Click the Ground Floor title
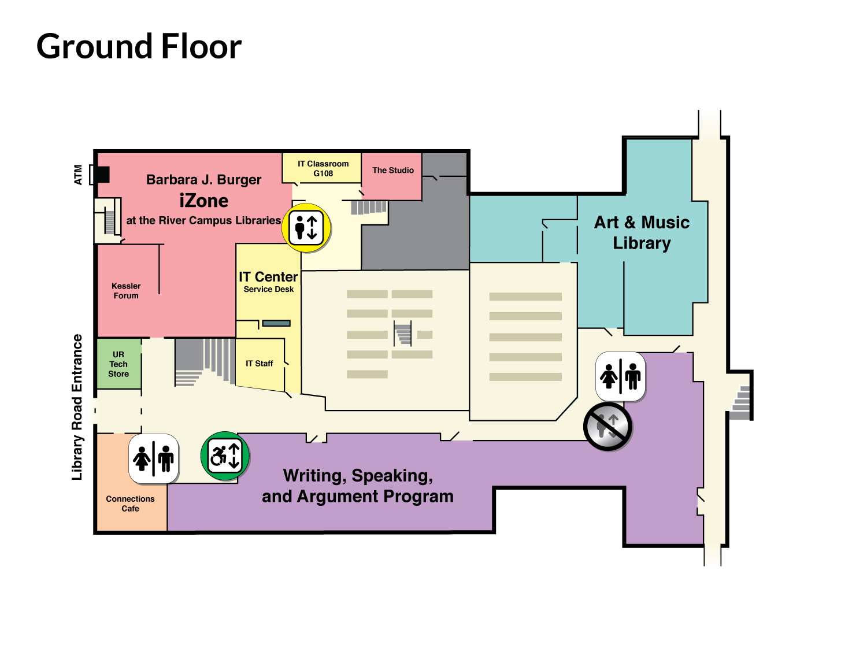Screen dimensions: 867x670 click(139, 47)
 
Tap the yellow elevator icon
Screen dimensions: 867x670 click(306, 228)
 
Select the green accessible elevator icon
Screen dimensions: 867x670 click(225, 456)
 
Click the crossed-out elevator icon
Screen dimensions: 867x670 click(607, 426)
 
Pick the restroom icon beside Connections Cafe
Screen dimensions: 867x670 click(154, 459)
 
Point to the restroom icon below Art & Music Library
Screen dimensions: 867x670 click(620, 376)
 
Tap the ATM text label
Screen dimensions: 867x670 click(78, 175)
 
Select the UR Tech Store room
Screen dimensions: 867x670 click(119, 364)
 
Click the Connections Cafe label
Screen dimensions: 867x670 click(130, 504)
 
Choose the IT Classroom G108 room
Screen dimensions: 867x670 click(322, 168)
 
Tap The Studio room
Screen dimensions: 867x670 click(392, 176)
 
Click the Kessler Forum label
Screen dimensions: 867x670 click(126, 291)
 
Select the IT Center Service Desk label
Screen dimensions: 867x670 click(268, 282)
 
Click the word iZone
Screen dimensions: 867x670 click(203, 201)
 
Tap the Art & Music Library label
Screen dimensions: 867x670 click(642, 232)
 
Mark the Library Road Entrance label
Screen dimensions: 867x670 click(77, 407)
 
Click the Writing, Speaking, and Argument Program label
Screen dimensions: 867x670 click(357, 486)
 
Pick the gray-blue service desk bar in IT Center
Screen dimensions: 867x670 click(276, 323)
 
